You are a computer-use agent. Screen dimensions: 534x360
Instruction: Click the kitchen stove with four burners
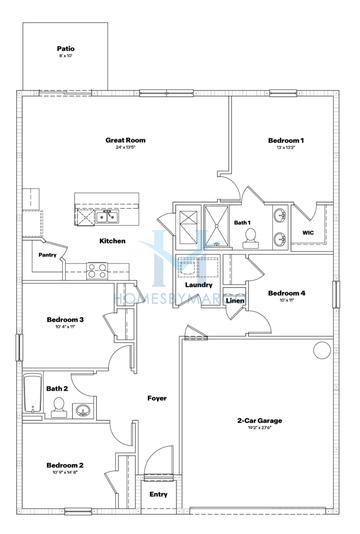(x=97, y=269)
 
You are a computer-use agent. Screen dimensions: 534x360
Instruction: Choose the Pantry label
(x=47, y=254)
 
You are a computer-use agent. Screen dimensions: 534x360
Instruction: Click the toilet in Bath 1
(x=250, y=236)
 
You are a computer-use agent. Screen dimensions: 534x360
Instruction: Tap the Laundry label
(x=196, y=285)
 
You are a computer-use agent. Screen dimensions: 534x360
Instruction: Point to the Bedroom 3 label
(x=64, y=320)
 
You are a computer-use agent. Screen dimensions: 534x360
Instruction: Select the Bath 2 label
(x=57, y=388)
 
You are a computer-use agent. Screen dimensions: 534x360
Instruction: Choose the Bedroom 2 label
(x=64, y=465)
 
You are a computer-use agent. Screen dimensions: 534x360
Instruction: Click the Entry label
(x=158, y=494)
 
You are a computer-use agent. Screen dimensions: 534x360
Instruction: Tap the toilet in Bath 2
(x=59, y=405)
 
